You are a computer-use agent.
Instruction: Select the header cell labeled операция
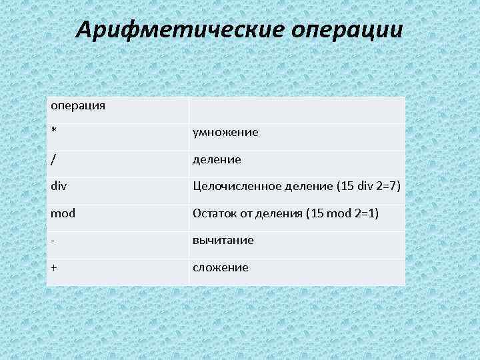pyautogui.click(x=77, y=106)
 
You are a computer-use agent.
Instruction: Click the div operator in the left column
pyautogui.click(x=58, y=187)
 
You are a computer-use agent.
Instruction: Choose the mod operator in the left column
pyautogui.click(x=63, y=213)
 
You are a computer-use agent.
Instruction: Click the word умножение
pyautogui.click(x=225, y=133)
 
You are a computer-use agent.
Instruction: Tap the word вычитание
pyautogui.click(x=223, y=240)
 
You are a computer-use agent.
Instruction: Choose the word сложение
pyautogui.click(x=220, y=267)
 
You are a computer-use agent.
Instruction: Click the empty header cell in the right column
pyautogui.click(x=297, y=110)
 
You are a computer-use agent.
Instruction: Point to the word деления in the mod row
pyautogui.click(x=279, y=213)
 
